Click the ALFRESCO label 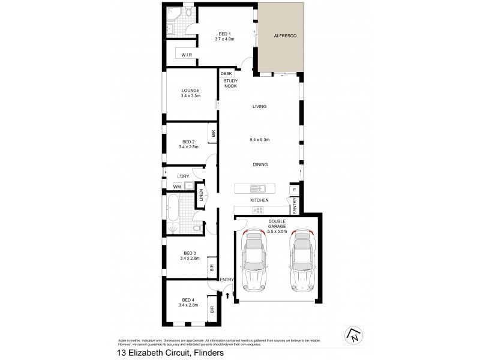click(x=281, y=36)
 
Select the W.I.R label click(x=186, y=55)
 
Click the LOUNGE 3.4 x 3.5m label click(x=190, y=93)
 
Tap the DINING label click(x=260, y=164)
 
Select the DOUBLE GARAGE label click(x=277, y=226)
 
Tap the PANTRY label click(x=295, y=207)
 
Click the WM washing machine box click(x=177, y=187)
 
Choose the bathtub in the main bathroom click(x=172, y=208)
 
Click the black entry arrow click(x=227, y=295)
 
